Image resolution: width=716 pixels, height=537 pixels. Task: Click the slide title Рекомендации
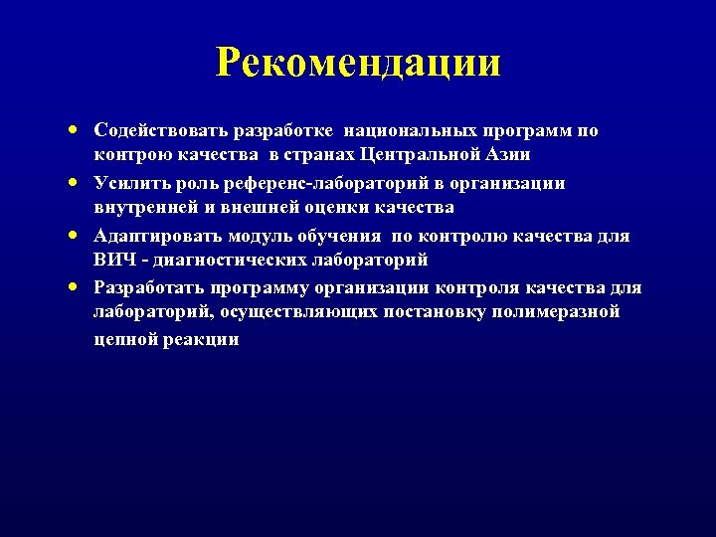tap(358, 63)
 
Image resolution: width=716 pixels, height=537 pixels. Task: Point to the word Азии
tap(508, 155)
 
